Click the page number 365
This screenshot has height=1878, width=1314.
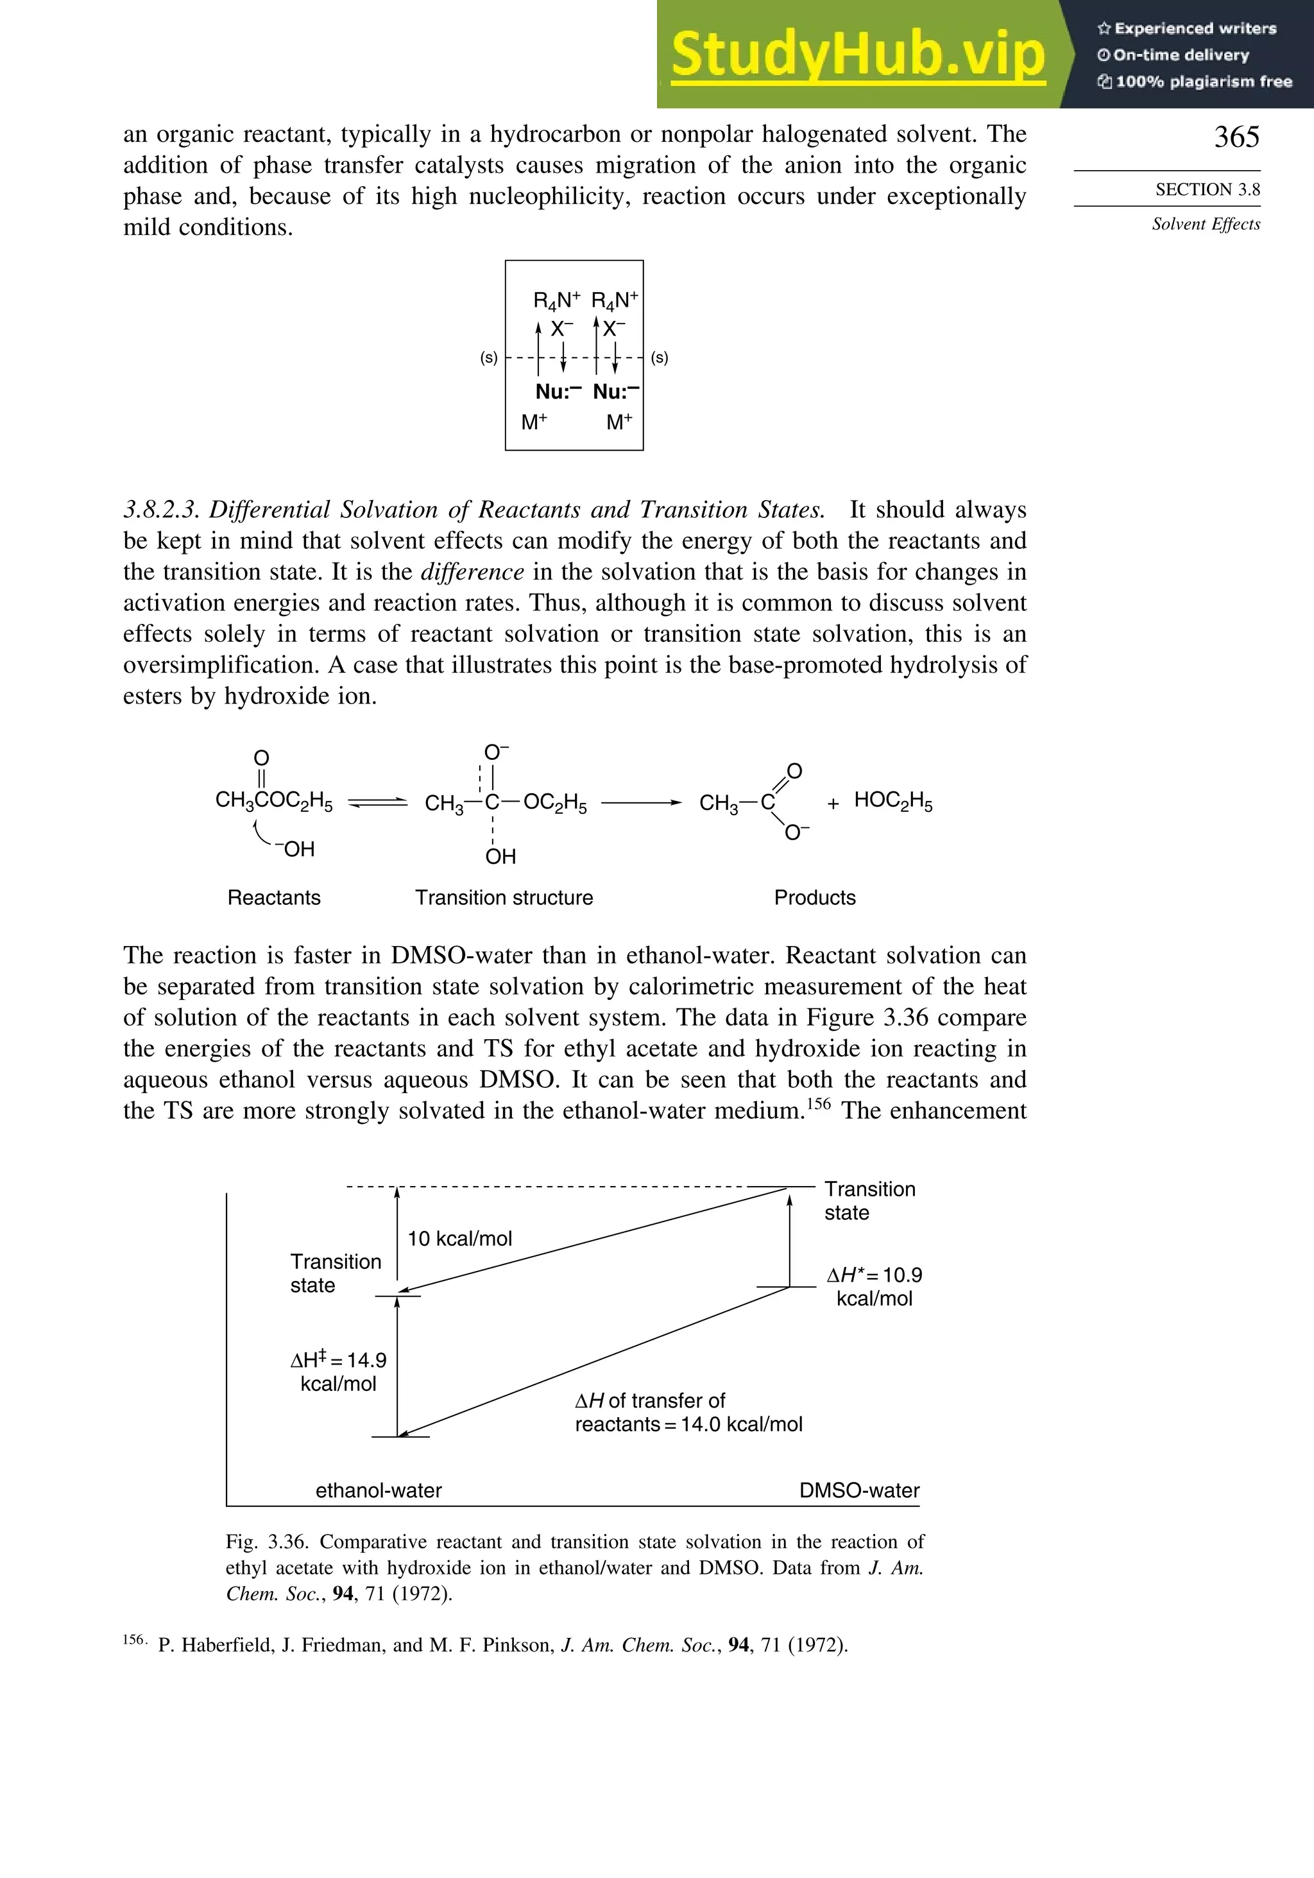[x=1236, y=137]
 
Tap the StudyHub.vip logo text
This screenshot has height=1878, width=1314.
[x=858, y=55]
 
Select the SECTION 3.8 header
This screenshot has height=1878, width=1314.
[x=1207, y=190]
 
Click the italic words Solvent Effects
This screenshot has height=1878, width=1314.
[x=1206, y=224]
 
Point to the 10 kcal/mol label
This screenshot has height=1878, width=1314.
[x=459, y=1238]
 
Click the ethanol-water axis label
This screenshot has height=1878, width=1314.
[x=379, y=1490]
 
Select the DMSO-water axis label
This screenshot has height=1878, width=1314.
[x=858, y=1490]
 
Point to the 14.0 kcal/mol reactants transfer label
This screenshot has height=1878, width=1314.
[x=688, y=1424]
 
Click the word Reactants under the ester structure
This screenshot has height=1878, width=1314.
[x=274, y=897]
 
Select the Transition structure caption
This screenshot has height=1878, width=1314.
[x=504, y=897]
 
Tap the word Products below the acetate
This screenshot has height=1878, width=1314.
[x=814, y=897]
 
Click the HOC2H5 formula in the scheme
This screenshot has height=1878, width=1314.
[x=893, y=801]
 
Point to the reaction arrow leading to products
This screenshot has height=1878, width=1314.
[x=641, y=803]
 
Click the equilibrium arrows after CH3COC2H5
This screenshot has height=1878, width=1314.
[x=378, y=803]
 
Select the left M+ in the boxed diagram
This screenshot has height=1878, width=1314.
[x=534, y=423]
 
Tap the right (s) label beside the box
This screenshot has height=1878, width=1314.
[x=659, y=358]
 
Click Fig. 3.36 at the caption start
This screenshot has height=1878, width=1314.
[x=266, y=1542]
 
